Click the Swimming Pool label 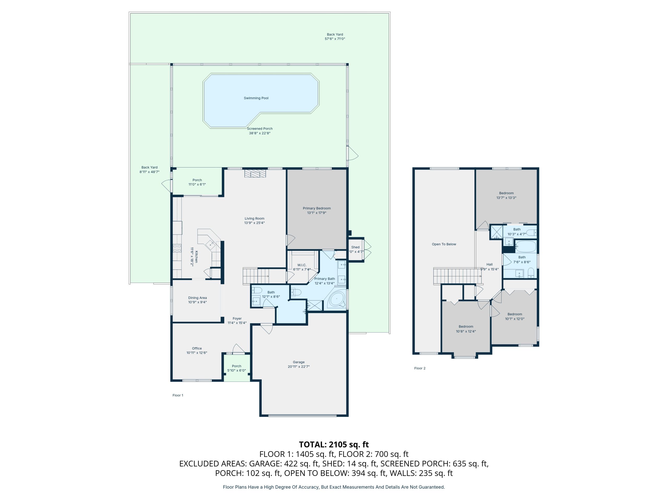(x=256, y=98)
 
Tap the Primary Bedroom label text (x=317, y=208)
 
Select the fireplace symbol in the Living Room (x=255, y=174)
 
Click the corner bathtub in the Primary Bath (x=336, y=299)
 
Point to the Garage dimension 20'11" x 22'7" (x=299, y=367)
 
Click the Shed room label (x=355, y=247)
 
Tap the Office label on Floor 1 (x=197, y=349)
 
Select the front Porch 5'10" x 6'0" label (x=236, y=368)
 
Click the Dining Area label (x=198, y=298)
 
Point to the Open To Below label (x=444, y=244)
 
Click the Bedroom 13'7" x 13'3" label (x=506, y=195)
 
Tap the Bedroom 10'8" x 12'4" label (x=466, y=329)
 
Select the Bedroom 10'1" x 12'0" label (x=515, y=317)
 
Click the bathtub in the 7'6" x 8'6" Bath (x=526, y=246)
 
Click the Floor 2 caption (x=420, y=368)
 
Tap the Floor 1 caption (x=178, y=395)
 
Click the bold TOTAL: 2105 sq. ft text (x=334, y=445)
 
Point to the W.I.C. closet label (x=302, y=265)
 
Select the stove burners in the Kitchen (x=177, y=248)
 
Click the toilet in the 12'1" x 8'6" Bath (x=257, y=290)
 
